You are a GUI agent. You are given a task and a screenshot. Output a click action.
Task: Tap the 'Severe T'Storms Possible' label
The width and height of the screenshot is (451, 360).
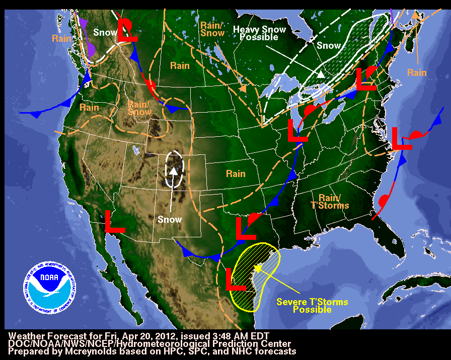(312, 306)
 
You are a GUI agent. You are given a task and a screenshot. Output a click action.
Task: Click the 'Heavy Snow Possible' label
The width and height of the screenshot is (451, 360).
(259, 33)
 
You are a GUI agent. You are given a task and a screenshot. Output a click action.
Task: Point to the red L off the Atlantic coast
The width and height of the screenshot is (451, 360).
(401, 138)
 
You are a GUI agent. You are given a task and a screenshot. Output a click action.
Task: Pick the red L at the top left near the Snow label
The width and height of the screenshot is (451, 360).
(127, 30)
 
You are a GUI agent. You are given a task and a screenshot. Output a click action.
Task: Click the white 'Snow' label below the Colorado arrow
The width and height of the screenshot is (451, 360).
(170, 220)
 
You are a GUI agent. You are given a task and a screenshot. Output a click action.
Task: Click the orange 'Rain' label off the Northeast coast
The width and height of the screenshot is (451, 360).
(417, 73)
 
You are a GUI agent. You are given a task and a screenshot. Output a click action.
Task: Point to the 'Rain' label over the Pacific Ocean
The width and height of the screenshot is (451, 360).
(62, 38)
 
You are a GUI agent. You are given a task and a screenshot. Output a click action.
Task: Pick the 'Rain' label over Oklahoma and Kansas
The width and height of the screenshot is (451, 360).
(236, 174)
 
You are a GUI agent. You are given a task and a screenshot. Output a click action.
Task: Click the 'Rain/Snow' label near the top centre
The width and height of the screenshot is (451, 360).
(212, 29)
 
